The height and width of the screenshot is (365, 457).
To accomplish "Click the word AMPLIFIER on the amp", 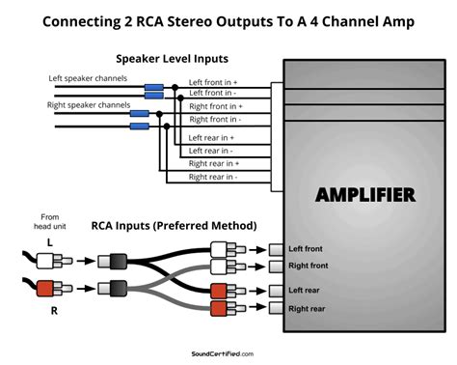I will [x=365, y=195].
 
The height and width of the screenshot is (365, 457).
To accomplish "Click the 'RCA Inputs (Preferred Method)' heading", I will [x=174, y=225].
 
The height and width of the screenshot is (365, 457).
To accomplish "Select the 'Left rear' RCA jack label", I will [x=307, y=290].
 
